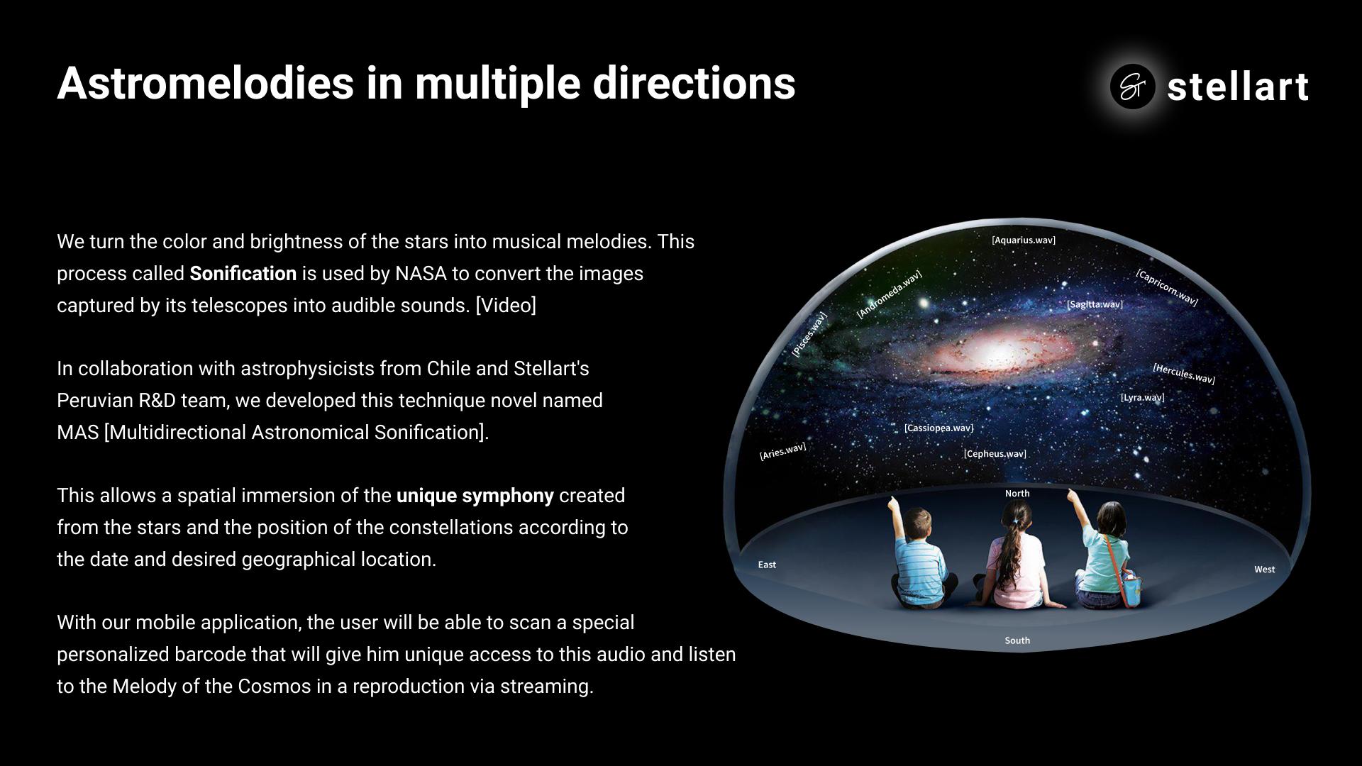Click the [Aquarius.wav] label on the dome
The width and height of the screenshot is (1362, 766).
pos(1024,240)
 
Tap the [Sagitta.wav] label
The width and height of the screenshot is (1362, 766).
pos(1095,304)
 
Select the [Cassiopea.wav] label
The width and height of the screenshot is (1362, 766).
pos(939,428)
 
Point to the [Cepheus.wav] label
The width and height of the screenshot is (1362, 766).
pos(995,454)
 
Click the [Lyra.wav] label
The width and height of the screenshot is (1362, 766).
pos(1142,397)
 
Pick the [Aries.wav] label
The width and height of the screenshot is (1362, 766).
pos(782,451)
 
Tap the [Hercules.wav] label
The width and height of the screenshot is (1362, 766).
pos(1184,374)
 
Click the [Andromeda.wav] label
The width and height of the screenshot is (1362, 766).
pos(889,294)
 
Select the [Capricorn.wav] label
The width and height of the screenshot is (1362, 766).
pos(1167,287)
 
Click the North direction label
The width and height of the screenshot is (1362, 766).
pos(1017,494)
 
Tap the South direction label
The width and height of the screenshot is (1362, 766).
pos(1017,640)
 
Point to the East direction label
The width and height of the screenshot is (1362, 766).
pos(767,565)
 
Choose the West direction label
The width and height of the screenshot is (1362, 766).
pos(1264,570)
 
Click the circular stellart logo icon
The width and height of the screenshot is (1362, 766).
pos(1132,87)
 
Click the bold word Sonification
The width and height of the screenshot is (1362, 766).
pos(243,274)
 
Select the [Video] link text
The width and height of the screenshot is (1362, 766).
pos(506,306)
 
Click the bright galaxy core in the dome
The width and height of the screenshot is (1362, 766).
pos(999,353)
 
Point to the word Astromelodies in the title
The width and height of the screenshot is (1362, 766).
pos(206,84)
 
